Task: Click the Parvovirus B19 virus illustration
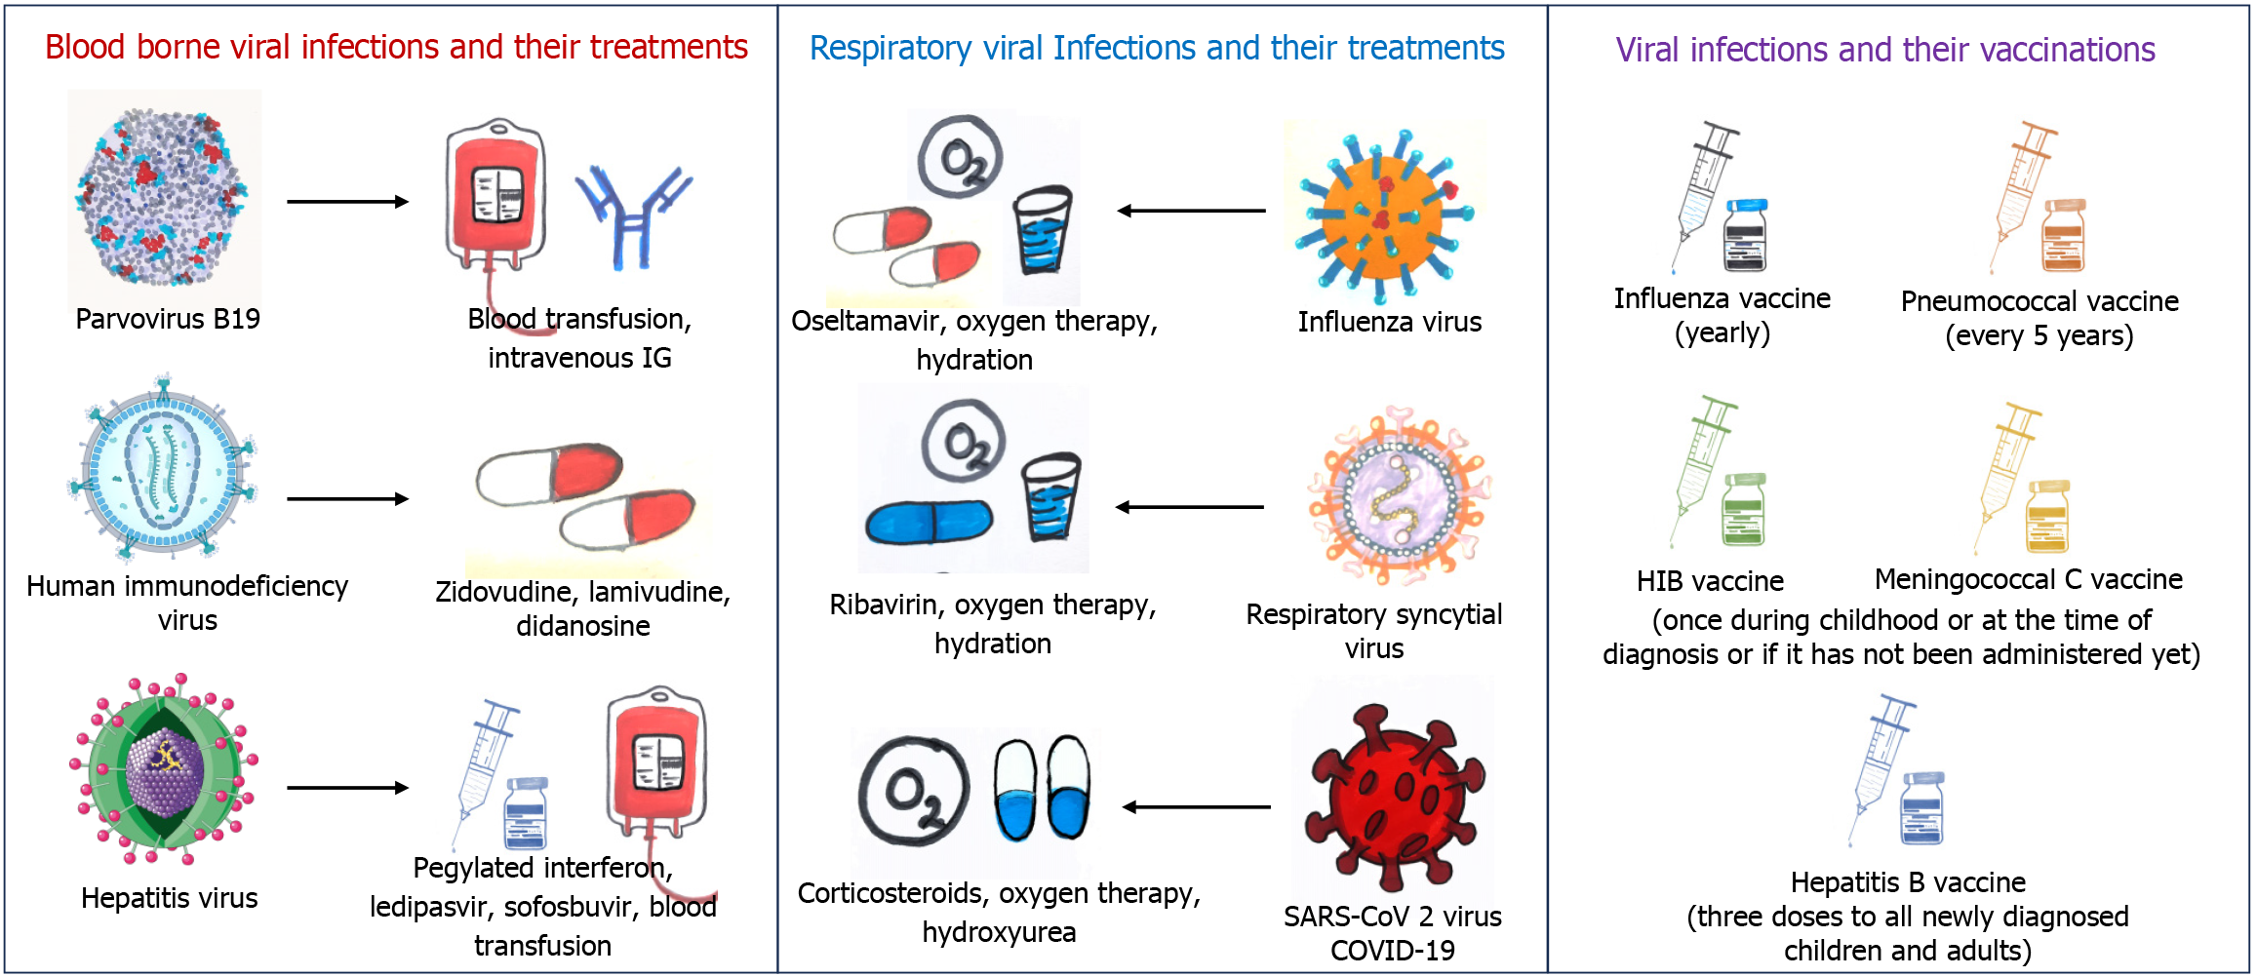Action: (163, 196)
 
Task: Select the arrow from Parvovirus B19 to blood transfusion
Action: (347, 202)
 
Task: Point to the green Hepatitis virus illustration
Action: (164, 769)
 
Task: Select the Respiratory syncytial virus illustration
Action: (1399, 495)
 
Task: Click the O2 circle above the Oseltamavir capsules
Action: (961, 157)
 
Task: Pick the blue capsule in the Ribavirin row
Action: (929, 522)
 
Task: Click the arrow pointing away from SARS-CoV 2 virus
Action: (1196, 807)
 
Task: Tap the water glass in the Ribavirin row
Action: (1050, 496)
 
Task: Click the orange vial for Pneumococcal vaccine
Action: (2064, 235)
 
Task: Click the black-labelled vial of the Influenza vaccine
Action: (1745, 235)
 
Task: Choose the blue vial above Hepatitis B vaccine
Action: (1922, 808)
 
